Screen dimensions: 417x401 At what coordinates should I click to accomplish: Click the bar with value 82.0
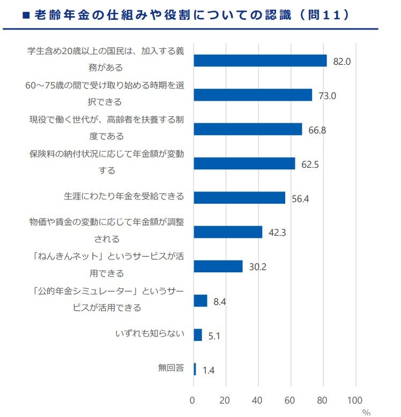(x=260, y=61)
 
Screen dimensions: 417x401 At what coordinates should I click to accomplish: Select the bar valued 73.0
(x=253, y=95)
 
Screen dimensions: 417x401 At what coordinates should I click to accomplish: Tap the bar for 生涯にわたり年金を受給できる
(x=239, y=197)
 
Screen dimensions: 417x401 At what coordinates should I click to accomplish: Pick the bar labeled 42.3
(x=228, y=232)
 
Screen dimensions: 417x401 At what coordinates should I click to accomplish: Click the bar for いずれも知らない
(x=197, y=335)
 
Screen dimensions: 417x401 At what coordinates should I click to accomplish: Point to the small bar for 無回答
(x=195, y=369)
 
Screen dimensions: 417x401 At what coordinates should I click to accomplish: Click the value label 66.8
(x=317, y=130)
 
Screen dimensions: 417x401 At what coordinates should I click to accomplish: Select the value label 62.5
(x=310, y=165)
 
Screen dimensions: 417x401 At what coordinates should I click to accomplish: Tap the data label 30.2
(x=257, y=267)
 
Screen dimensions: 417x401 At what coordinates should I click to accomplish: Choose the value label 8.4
(x=220, y=302)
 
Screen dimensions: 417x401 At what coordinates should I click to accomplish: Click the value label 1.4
(x=209, y=370)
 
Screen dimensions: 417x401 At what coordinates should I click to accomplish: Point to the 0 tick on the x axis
(x=193, y=400)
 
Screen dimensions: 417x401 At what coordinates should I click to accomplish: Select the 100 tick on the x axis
(x=355, y=400)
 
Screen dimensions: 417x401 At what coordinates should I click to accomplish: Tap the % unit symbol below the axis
(x=366, y=412)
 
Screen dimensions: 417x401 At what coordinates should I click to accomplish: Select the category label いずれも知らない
(x=150, y=333)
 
